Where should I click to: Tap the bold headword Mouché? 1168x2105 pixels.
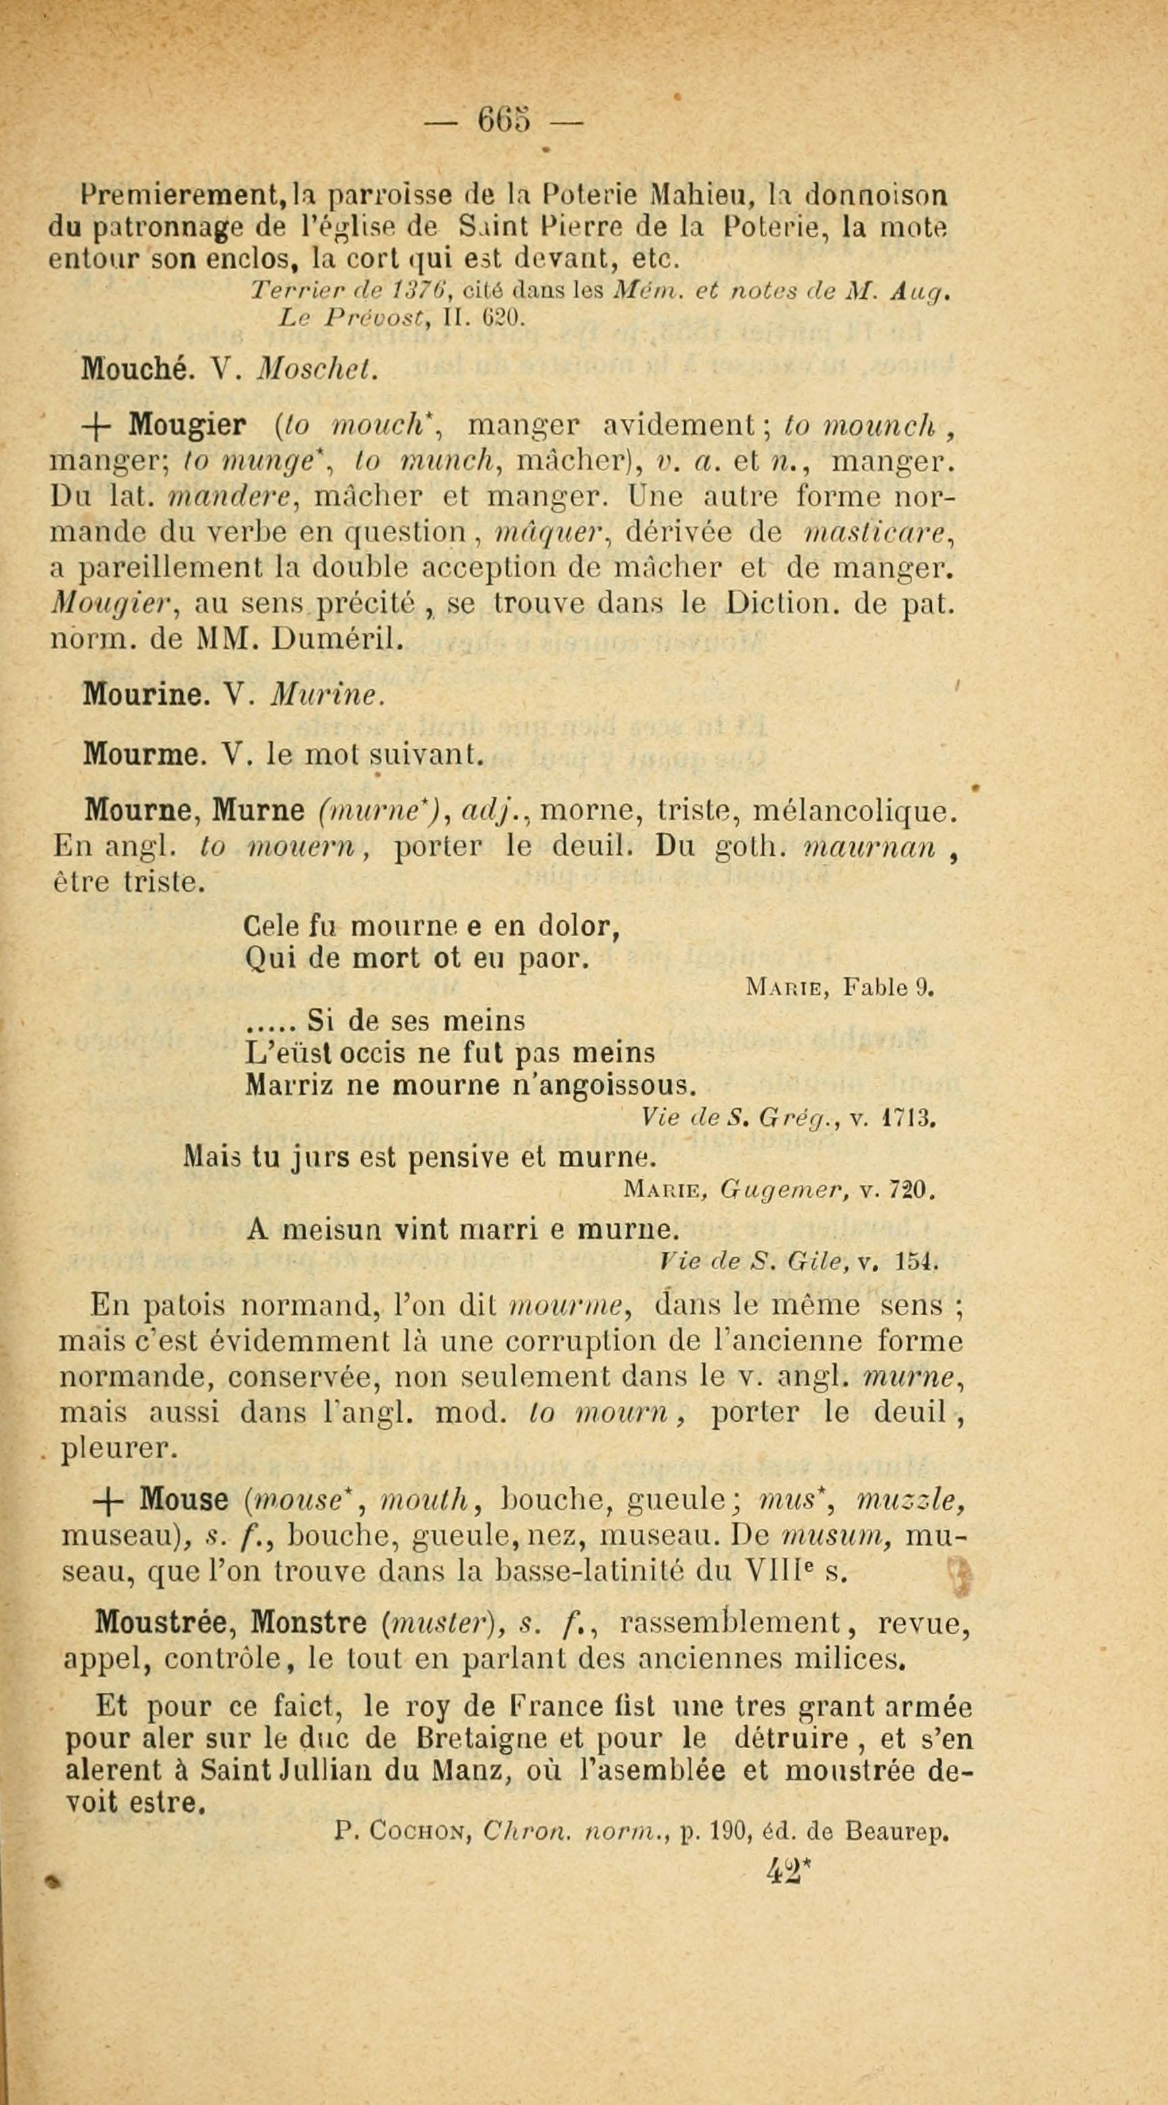pos(136,370)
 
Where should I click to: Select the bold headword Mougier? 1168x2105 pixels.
pos(187,425)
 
